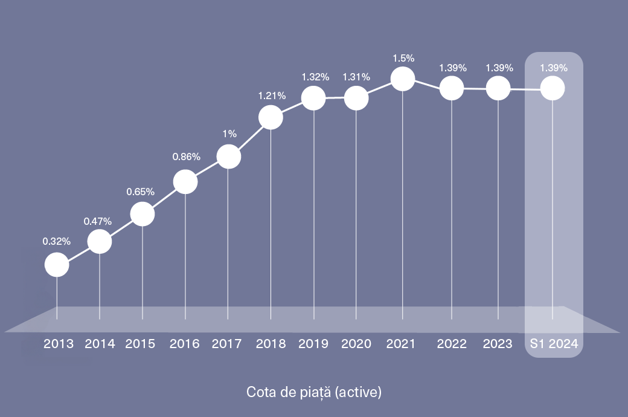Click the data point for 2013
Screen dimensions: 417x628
pos(57,265)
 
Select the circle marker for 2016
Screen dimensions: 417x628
pos(185,181)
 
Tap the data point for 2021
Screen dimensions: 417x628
pos(403,79)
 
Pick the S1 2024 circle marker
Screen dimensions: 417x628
pos(553,89)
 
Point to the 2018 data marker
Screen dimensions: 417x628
pos(271,117)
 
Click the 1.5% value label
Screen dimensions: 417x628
pos(403,59)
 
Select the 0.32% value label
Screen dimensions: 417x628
pos(57,241)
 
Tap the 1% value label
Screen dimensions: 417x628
pos(228,134)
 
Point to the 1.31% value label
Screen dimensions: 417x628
pos(356,77)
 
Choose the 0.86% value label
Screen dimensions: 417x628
pos(186,157)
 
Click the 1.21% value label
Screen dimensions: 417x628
pos(272,95)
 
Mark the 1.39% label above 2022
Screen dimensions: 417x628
pos(452,68)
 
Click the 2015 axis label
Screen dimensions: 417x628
pos(140,344)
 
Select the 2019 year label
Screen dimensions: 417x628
pos(313,344)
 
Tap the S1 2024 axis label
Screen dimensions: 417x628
pos(554,344)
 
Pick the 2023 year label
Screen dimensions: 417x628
pos(498,344)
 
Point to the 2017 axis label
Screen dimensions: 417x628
pos(227,344)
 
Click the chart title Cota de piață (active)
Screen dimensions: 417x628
pos(314,392)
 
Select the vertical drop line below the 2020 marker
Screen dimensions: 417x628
pos(356,212)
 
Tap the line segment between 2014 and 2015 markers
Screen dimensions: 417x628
pos(121,228)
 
